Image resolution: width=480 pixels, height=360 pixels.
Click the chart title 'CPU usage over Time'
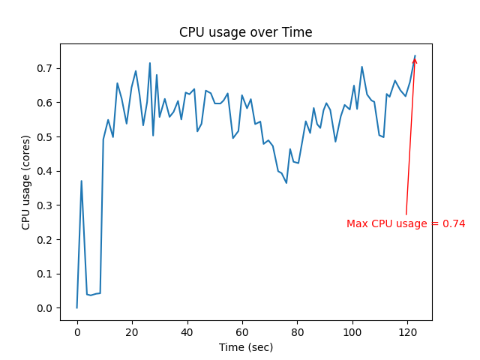tap(245, 32)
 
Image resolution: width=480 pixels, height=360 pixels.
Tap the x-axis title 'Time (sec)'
tap(245, 347)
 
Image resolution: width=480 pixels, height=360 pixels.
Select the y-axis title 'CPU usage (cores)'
tap(26, 182)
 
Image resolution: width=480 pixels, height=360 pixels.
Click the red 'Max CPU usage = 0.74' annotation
tap(406, 223)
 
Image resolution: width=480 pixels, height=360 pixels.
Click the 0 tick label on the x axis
tap(76, 332)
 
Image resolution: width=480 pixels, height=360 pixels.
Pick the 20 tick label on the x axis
tap(132, 332)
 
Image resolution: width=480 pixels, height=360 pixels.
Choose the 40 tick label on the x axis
tap(187, 332)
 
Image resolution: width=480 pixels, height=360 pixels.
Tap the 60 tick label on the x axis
tap(242, 332)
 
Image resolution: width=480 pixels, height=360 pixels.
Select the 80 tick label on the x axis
tap(297, 332)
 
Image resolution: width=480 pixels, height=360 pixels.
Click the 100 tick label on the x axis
tap(352, 332)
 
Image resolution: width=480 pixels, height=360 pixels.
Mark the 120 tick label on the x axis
tap(407, 332)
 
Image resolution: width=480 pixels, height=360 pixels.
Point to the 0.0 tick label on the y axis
tap(46, 308)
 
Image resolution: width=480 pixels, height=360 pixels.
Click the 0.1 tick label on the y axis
tap(46, 274)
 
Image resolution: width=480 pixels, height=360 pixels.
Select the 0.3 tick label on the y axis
tap(46, 205)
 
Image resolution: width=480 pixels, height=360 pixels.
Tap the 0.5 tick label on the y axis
tap(46, 136)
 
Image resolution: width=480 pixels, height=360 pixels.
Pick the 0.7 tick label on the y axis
tap(46, 68)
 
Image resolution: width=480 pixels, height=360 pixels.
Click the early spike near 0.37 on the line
tap(81, 181)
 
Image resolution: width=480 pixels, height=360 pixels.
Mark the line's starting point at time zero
tap(76, 307)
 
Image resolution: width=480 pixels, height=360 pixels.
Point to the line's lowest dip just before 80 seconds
tap(286, 183)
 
